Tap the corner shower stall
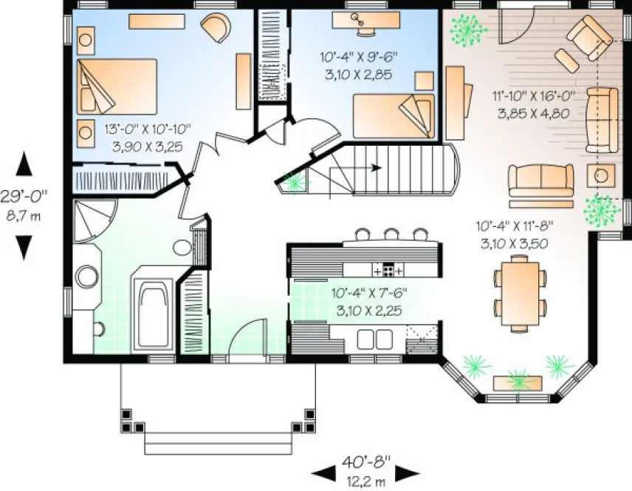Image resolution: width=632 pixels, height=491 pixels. [95, 220]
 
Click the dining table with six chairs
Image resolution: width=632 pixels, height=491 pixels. [521, 291]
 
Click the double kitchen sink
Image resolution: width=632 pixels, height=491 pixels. [375, 339]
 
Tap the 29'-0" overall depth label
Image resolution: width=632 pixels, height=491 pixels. [25, 203]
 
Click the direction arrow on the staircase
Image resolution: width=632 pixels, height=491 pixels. [376, 167]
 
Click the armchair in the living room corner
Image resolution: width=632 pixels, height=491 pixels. [588, 36]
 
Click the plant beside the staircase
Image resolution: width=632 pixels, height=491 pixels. [295, 180]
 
